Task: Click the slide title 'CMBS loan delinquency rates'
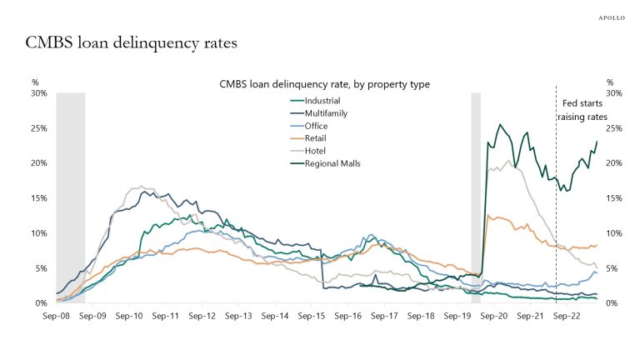[137, 42]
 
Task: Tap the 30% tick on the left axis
[38, 93]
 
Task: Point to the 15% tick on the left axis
[38, 198]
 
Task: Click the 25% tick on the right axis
[613, 128]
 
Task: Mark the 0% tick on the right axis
[611, 303]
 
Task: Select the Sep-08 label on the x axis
[57, 317]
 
